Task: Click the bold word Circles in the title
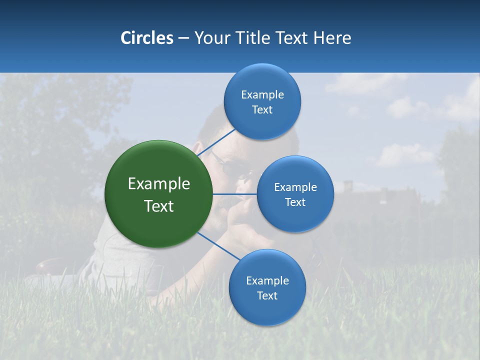pos(146,38)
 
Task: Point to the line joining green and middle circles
pos(235,194)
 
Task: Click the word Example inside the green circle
pos(159,184)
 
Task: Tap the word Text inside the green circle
pos(159,206)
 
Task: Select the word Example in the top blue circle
pos(262,95)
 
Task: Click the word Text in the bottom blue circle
pos(267,296)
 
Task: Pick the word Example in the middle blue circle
pos(295,187)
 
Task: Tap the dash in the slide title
pos(183,38)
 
